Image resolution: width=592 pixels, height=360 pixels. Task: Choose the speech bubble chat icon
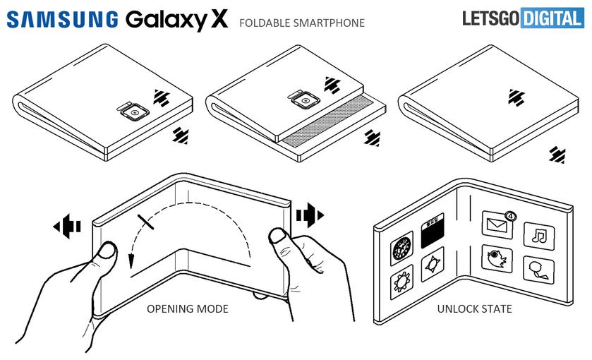[x=538, y=269]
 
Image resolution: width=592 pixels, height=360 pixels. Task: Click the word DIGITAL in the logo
[x=553, y=19]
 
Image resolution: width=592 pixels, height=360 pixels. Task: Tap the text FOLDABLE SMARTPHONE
[x=302, y=23]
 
